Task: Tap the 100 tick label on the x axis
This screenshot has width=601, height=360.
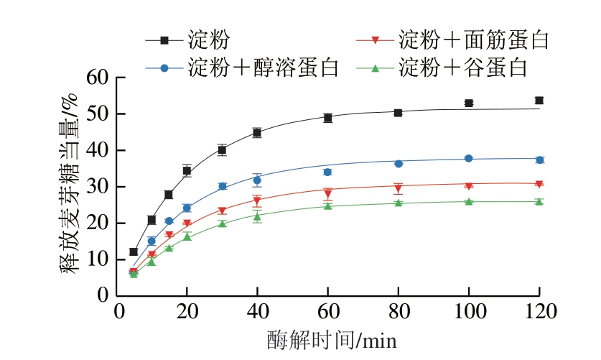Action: (x=468, y=313)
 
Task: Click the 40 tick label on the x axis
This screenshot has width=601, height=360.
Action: (x=257, y=313)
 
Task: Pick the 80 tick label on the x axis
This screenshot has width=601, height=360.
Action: (x=398, y=313)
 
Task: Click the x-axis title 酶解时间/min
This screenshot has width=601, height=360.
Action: (x=332, y=338)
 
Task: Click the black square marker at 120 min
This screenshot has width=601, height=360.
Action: (x=539, y=101)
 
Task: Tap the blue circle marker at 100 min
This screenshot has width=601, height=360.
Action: (x=469, y=158)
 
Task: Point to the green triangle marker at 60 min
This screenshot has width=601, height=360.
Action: (x=328, y=206)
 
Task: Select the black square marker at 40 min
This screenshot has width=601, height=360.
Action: (x=257, y=133)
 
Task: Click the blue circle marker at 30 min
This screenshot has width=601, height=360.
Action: (x=223, y=186)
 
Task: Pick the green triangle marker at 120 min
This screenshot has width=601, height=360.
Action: (x=539, y=201)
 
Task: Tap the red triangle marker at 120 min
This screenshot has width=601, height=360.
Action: (x=539, y=184)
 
